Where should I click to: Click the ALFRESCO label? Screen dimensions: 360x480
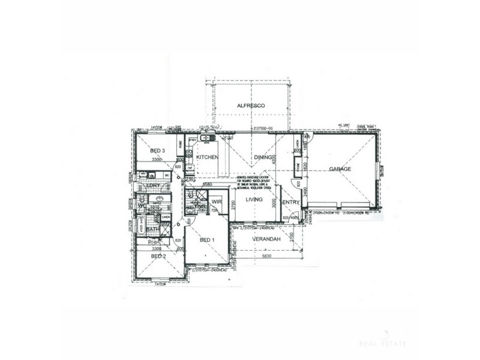(x=251, y=106)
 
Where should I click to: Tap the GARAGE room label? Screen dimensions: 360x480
(x=340, y=169)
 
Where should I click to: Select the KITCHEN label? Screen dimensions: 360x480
(x=206, y=157)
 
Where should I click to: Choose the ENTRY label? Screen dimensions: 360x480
(x=291, y=203)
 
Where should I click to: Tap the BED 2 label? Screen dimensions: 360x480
(x=158, y=256)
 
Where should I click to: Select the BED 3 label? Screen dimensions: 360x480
(x=158, y=151)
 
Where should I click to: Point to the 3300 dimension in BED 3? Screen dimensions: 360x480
(x=157, y=160)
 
